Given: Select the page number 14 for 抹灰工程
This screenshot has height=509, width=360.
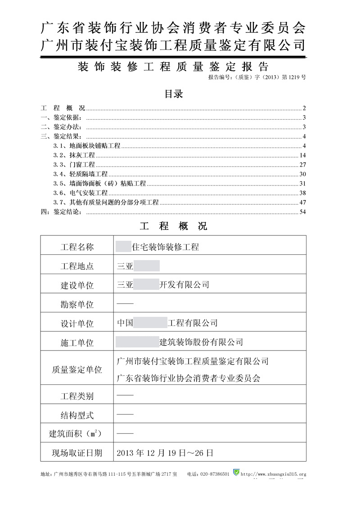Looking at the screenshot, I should point(303,155).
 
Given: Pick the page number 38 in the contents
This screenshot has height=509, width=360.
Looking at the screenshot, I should point(303,193).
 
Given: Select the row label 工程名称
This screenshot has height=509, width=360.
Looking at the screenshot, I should point(77,247).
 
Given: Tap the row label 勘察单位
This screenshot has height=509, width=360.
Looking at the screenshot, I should point(77,305).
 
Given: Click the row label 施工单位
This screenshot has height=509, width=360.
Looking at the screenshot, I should point(77,342).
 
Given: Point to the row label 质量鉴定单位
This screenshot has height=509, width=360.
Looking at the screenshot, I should point(77,370).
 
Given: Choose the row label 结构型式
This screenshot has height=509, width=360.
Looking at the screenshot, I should point(77,415).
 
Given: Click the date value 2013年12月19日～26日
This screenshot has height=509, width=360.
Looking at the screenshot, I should point(164,452).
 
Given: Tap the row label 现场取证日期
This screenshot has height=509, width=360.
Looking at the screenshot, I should point(77,453).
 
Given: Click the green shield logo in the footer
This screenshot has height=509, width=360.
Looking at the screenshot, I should point(236,473).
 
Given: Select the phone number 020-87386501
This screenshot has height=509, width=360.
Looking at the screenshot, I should point(215,474).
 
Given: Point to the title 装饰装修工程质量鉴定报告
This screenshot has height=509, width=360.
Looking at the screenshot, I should point(173,67).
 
